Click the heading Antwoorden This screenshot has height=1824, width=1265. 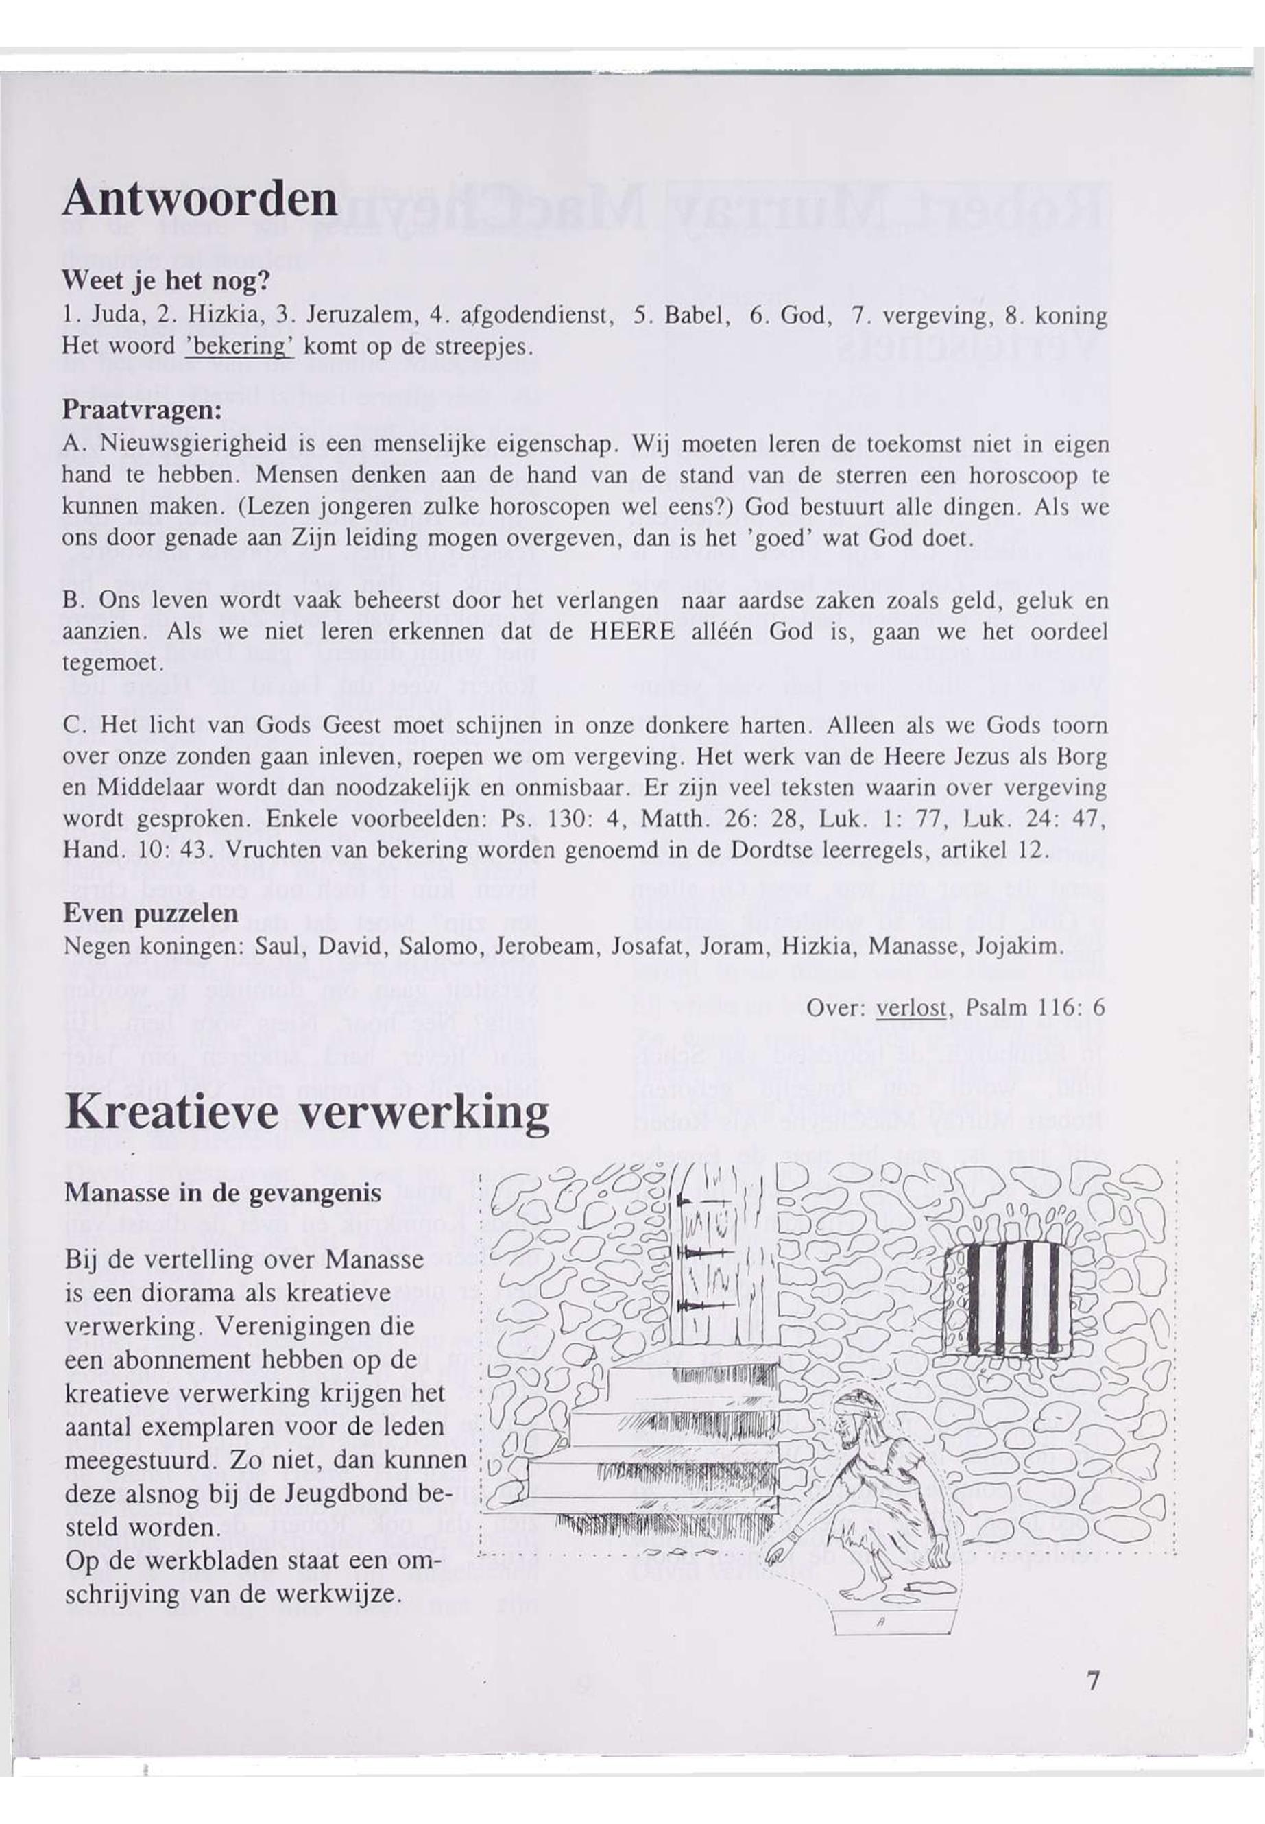click(x=200, y=198)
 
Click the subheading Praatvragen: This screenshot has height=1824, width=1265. click(x=141, y=411)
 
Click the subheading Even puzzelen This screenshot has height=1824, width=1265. click(x=151, y=913)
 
